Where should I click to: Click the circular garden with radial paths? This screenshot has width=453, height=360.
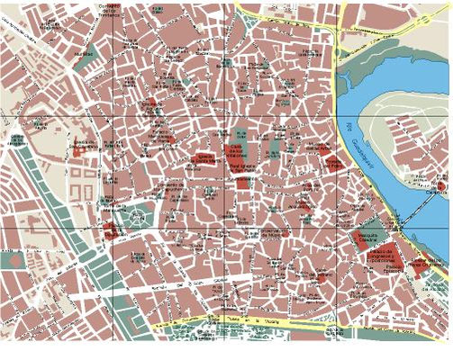coord(137,217)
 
